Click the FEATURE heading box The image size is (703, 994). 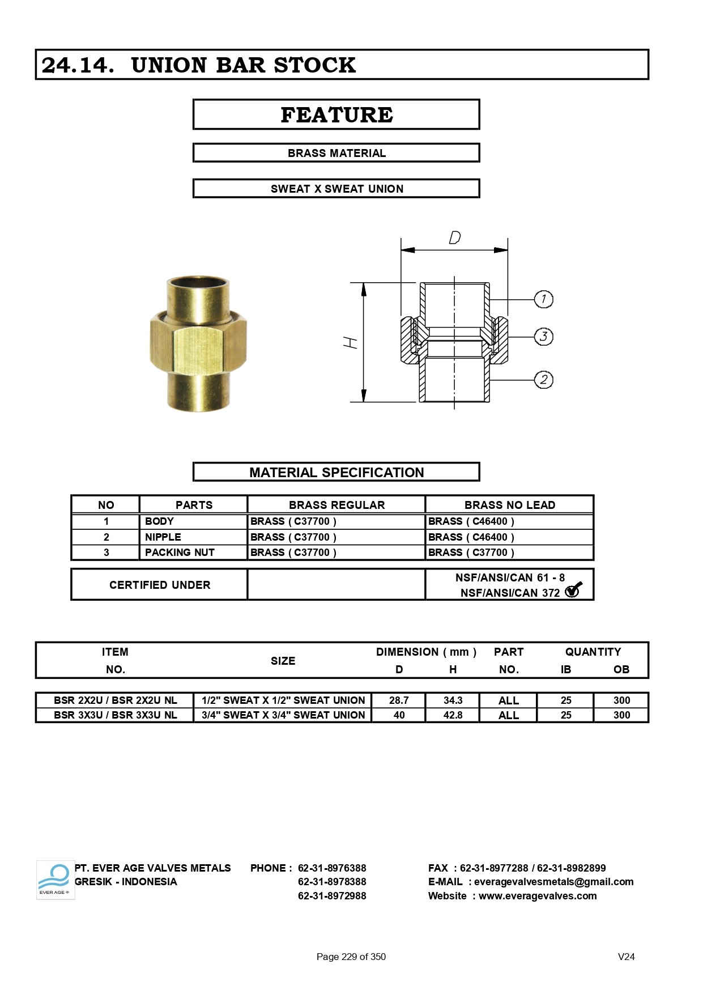pyautogui.click(x=336, y=114)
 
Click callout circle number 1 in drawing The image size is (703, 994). pyautogui.click(x=543, y=299)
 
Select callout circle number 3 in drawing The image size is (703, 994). pyautogui.click(x=543, y=336)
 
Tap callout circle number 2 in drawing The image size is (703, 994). pyautogui.click(x=543, y=380)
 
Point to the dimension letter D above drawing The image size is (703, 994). pyautogui.click(x=454, y=237)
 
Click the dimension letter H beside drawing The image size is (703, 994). pyautogui.click(x=351, y=342)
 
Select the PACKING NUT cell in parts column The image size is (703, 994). pyautogui.click(x=180, y=553)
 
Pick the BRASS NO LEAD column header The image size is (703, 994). pyautogui.click(x=509, y=505)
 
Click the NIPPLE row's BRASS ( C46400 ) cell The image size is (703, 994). pyautogui.click(x=471, y=537)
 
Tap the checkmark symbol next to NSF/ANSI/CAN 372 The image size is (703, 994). pyautogui.click(x=573, y=590)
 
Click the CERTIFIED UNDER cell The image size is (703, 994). pyautogui.click(x=159, y=585)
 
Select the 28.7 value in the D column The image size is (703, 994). pyautogui.click(x=399, y=700)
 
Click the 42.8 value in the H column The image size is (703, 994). pyautogui.click(x=453, y=715)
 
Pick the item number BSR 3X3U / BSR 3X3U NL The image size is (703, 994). pyautogui.click(x=115, y=715)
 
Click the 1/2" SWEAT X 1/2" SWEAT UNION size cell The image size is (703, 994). pyautogui.click(x=283, y=700)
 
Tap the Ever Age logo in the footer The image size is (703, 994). pyautogui.click(x=55, y=880)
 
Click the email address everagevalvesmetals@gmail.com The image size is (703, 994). pyautogui.click(x=553, y=882)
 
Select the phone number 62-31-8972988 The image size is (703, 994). pyautogui.click(x=332, y=896)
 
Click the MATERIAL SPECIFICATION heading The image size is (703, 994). pyautogui.click(x=336, y=472)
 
